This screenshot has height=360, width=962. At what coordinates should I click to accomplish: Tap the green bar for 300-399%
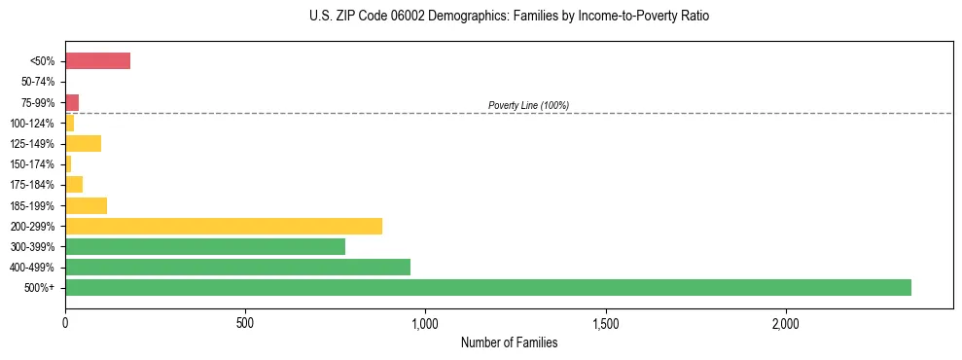click(x=205, y=246)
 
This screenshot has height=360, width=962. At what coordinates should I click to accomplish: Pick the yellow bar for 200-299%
click(x=224, y=226)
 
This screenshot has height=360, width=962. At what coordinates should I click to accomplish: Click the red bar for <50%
click(x=97, y=61)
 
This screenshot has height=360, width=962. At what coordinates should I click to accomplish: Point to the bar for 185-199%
click(x=86, y=205)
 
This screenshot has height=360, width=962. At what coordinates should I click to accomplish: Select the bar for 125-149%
click(x=83, y=144)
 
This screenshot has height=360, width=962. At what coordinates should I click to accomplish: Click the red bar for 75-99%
click(x=72, y=102)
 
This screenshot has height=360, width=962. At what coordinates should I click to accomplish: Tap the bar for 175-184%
click(x=74, y=185)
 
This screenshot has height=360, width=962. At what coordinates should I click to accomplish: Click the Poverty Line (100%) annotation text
click(x=528, y=105)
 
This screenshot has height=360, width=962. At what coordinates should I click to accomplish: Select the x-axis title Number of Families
click(x=509, y=342)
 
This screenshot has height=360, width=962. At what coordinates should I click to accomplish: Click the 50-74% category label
click(x=38, y=82)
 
